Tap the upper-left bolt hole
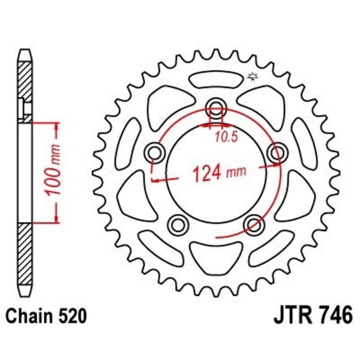coord(155,152)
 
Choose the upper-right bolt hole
coord(277,152)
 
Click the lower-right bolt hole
coord(254,224)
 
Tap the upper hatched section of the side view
coord(24,86)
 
